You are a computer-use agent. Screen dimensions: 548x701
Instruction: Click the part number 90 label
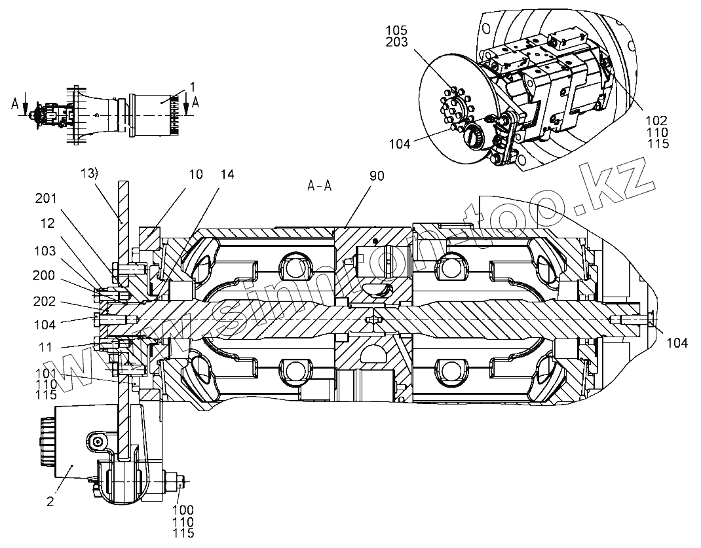click(376, 175)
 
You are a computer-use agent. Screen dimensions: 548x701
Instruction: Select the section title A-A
click(320, 185)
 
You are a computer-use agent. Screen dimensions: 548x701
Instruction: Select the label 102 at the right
click(656, 120)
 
